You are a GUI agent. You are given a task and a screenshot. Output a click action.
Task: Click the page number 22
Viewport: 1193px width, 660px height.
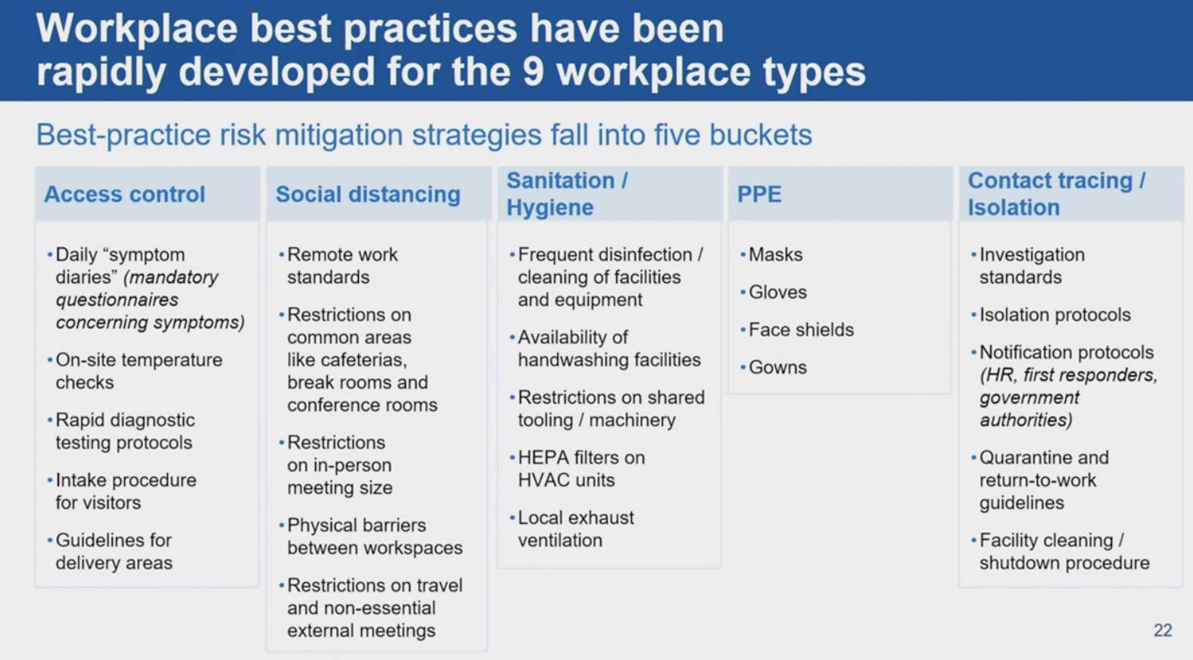tap(1163, 630)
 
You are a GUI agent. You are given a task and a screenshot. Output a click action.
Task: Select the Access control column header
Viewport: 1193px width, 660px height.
tap(125, 194)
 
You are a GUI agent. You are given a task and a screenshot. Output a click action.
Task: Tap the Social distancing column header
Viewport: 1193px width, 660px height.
tap(368, 194)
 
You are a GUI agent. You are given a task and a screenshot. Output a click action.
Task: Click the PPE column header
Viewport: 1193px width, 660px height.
tap(759, 194)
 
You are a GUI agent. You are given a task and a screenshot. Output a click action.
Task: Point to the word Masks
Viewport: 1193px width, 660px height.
tap(775, 254)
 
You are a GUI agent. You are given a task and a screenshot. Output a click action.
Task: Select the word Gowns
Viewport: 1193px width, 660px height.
tap(777, 368)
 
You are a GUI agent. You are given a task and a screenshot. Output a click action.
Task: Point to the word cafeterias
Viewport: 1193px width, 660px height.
tap(373, 360)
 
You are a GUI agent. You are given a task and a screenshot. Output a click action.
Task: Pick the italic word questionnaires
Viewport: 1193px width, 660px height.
tap(117, 300)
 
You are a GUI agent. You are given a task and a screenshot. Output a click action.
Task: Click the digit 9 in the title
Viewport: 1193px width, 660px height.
tap(533, 72)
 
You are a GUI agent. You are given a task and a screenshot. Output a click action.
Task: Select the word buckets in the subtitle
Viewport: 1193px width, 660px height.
tap(761, 135)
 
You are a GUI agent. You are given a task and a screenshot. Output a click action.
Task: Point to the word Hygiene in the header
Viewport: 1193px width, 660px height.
tap(550, 207)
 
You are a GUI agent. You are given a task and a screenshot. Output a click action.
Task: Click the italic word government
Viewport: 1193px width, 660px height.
tap(1029, 398)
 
